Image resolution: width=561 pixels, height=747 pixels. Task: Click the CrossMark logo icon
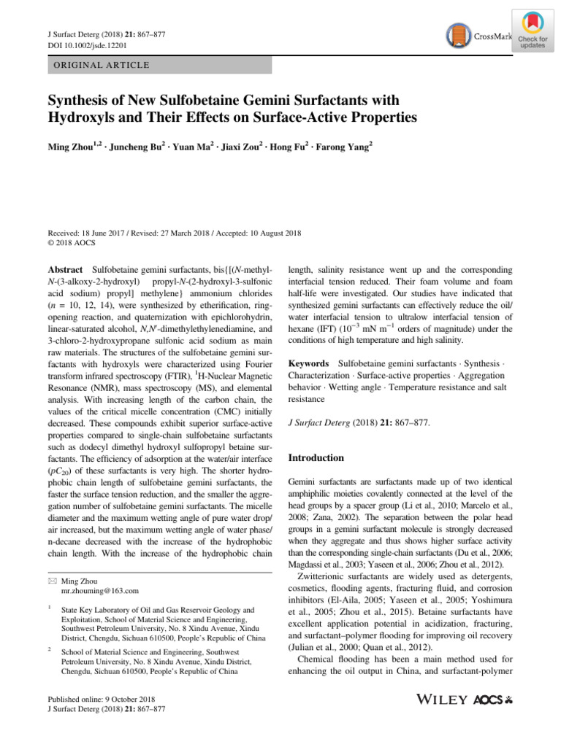click(x=457, y=35)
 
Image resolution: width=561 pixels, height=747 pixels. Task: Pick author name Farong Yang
click(x=344, y=147)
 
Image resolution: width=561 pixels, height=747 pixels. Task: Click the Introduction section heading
click(x=316, y=458)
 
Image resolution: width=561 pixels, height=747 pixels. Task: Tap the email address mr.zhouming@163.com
click(x=99, y=591)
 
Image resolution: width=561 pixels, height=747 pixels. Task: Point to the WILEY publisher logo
click(x=441, y=699)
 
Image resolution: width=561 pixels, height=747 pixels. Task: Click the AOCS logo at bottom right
click(x=497, y=699)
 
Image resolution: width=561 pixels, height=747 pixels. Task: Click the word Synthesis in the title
click(x=78, y=99)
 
